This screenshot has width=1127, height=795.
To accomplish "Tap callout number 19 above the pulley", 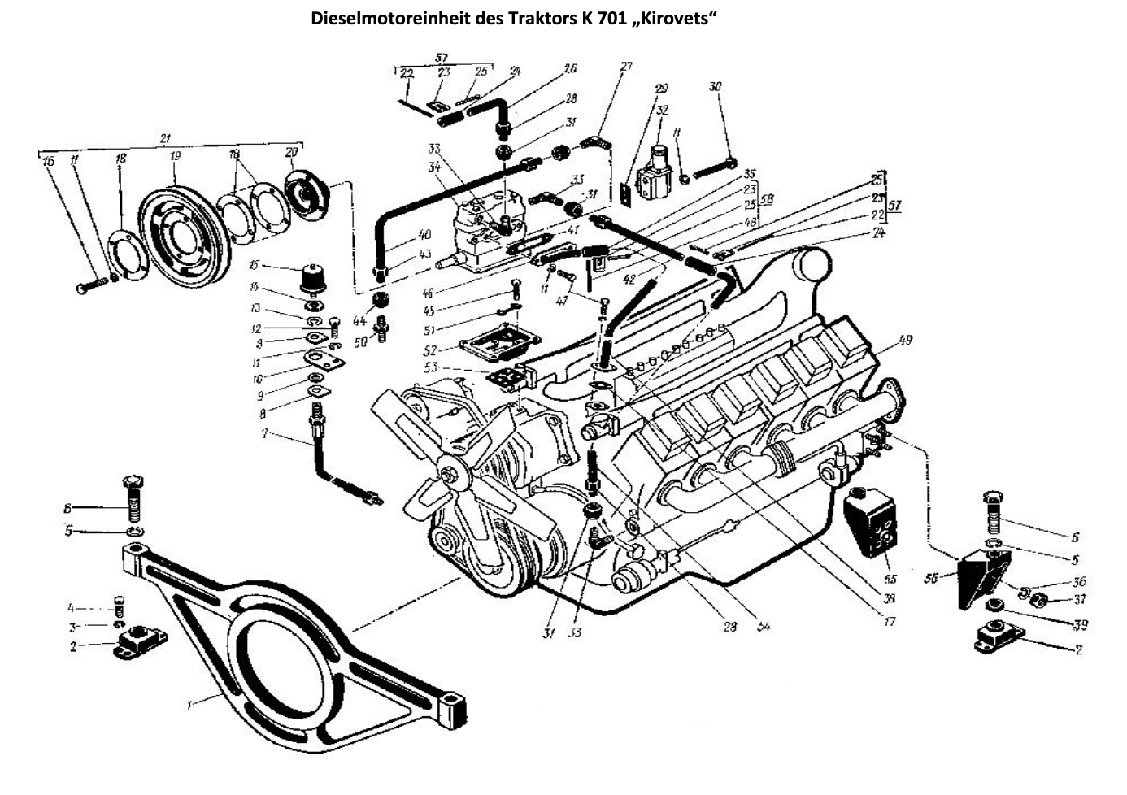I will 175,156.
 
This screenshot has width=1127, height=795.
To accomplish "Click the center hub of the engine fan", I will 447,470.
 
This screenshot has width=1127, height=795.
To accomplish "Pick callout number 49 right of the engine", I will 905,340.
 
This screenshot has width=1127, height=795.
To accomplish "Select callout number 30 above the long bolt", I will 715,87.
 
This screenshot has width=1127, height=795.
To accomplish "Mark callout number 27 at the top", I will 625,67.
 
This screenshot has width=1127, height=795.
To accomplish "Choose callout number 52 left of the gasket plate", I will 430,350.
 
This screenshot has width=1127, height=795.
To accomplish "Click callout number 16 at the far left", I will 49,161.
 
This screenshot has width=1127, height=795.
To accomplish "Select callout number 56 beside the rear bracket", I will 931,578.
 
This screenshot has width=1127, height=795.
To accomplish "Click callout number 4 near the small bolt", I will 72,607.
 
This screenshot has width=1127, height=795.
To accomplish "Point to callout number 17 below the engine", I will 888,622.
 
